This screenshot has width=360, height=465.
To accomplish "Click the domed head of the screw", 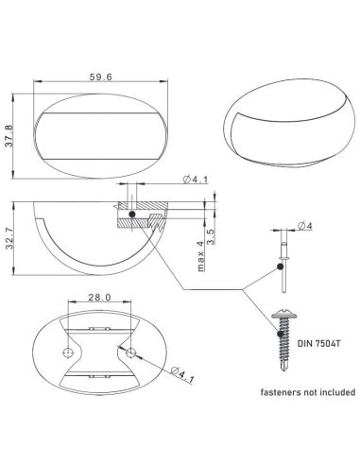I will point(281,310).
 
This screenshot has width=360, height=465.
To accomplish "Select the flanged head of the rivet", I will point(282,250).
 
